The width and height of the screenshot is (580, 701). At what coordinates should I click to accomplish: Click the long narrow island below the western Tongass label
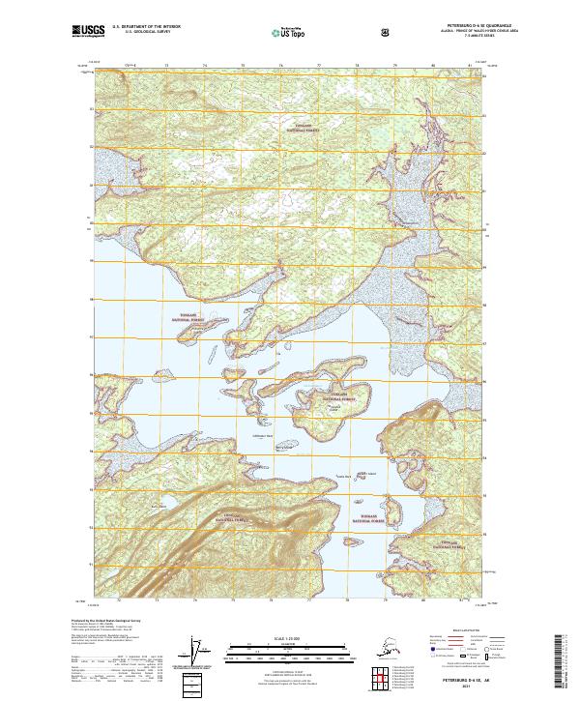point(197,335)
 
